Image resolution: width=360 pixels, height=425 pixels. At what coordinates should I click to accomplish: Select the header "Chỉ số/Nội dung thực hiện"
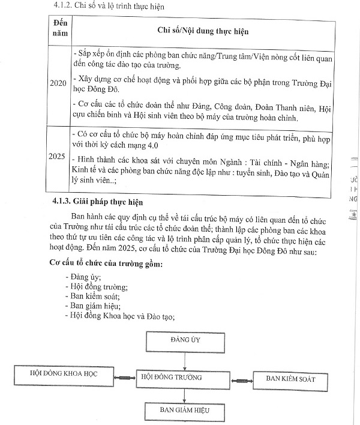(195, 29)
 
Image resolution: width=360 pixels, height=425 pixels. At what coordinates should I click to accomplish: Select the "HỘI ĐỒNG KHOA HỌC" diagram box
(64, 374)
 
